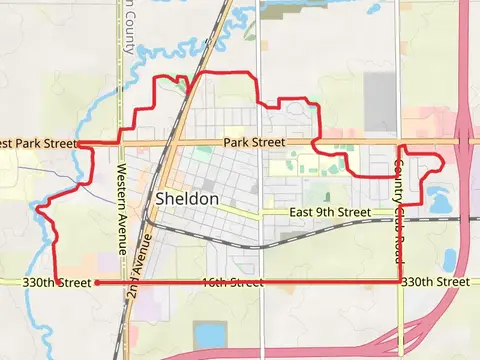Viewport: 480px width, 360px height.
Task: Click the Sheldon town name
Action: pos(187,200)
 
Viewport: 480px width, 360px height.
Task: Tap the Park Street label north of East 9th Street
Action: pos(254,143)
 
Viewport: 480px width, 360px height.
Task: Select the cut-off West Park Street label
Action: pos(38,143)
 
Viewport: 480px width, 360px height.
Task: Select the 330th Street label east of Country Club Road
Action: pos(434,283)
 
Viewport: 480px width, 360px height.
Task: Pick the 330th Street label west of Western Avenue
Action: pos(50,283)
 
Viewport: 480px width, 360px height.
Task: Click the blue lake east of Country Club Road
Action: pos(439,193)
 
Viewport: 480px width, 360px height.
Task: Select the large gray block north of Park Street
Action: pos(380,102)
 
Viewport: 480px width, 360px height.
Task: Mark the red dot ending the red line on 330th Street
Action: pos(98,283)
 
